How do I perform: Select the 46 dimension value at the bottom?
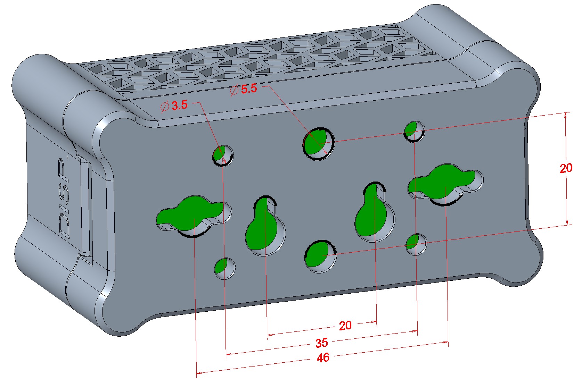pyautogui.click(x=323, y=357)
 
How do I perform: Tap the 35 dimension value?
pyautogui.click(x=321, y=343)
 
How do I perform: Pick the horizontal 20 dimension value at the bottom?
pyautogui.click(x=345, y=326)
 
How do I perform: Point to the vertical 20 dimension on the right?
pyautogui.click(x=566, y=168)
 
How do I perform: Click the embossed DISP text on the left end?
pyautogui.click(x=64, y=198)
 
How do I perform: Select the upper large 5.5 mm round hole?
pyautogui.click(x=318, y=143)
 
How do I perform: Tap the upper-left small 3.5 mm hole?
pyautogui.click(x=223, y=155)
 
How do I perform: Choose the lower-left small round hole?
pyautogui.click(x=224, y=268)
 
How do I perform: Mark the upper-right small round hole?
pyautogui.click(x=414, y=131)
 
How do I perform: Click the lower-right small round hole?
pyautogui.click(x=416, y=244)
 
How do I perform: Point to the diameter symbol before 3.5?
pyautogui.click(x=165, y=106)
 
